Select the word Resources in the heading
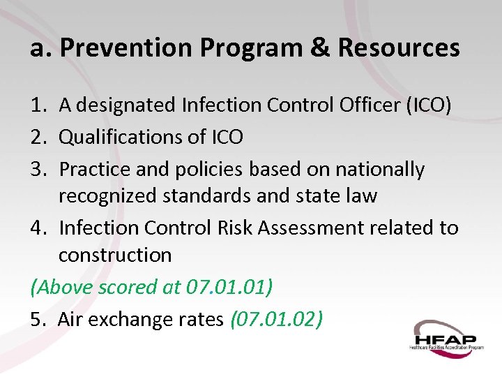coord(399,48)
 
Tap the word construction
coord(115,256)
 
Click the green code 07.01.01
coord(227,287)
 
